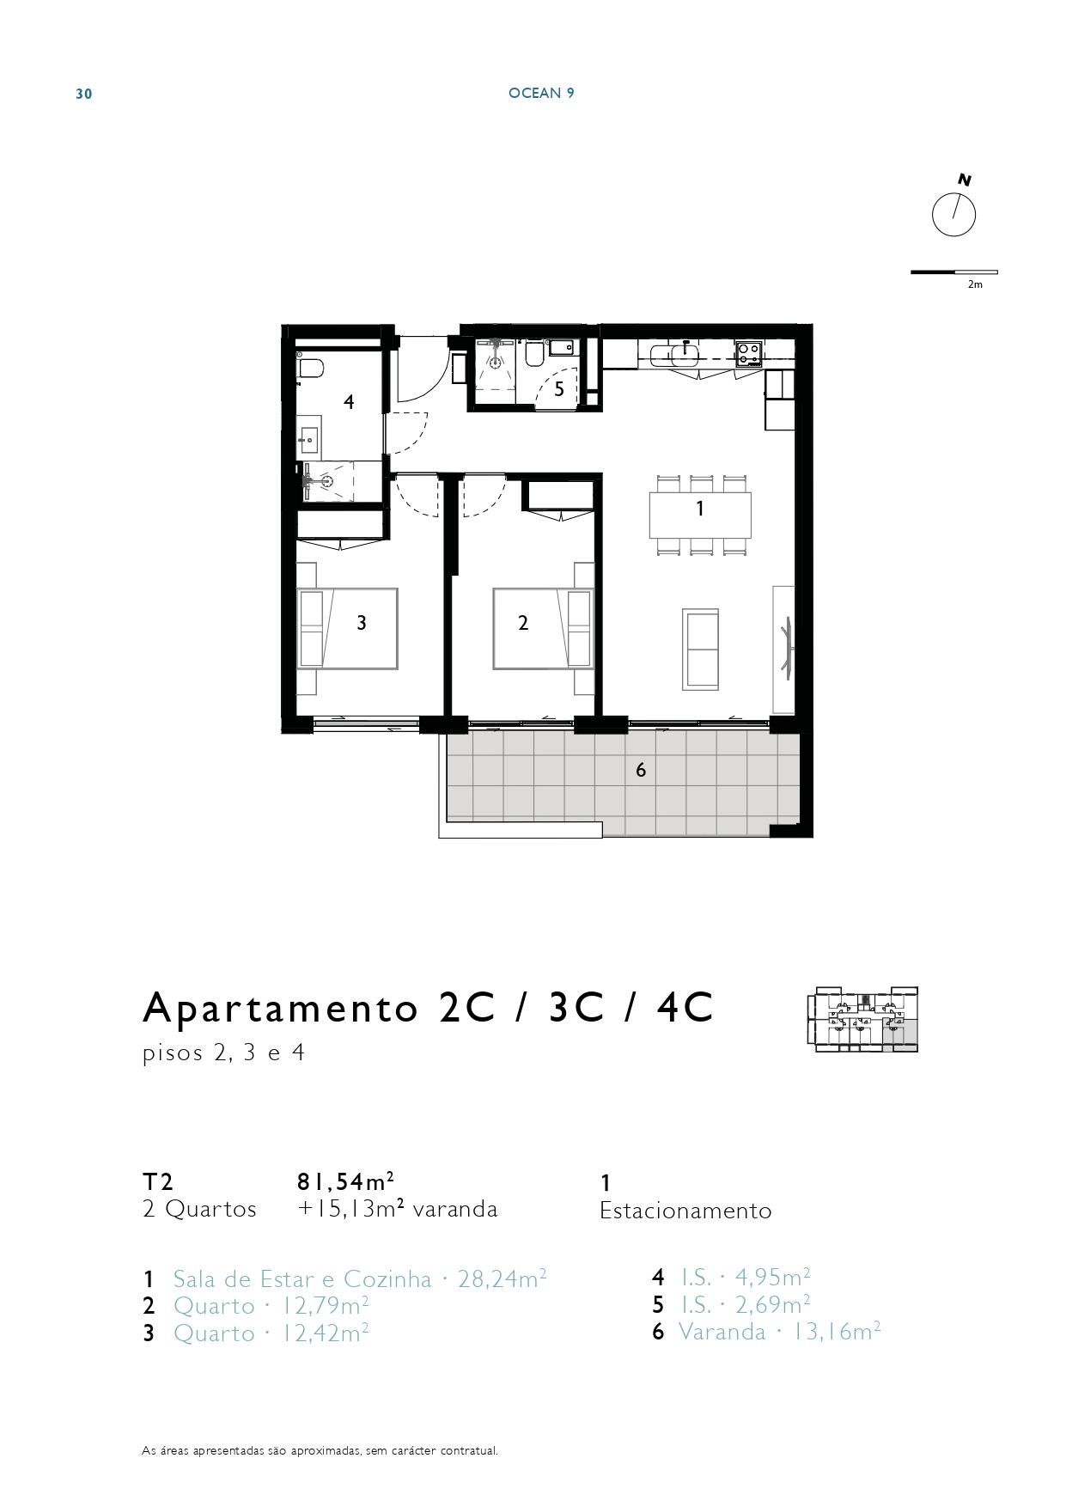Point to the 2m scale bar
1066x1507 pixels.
954,272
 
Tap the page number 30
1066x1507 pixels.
84,94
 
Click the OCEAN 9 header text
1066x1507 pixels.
541,93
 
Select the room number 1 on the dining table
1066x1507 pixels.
700,509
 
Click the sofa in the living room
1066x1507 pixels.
701,650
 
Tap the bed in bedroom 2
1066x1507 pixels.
543,628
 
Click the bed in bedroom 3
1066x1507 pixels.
347,628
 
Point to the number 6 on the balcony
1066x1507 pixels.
641,770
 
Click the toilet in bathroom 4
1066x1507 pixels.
309,369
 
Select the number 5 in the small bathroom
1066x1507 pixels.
559,389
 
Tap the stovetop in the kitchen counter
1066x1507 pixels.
749,354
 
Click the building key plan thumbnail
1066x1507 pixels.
862,1020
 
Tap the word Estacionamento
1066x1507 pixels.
685,1211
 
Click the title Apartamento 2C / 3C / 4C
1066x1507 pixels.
428,1007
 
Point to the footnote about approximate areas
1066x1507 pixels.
320,1451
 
